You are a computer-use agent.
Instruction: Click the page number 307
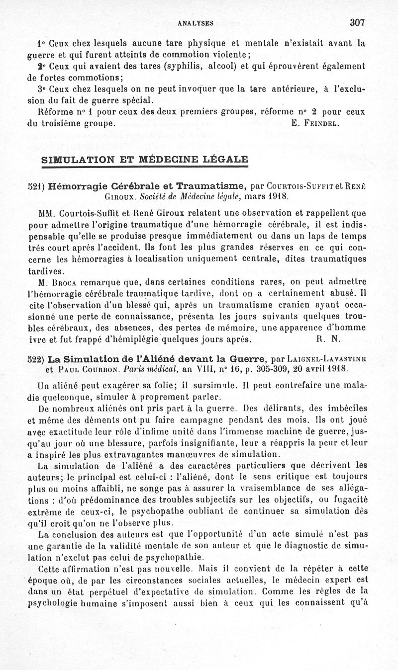point(357,22)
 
